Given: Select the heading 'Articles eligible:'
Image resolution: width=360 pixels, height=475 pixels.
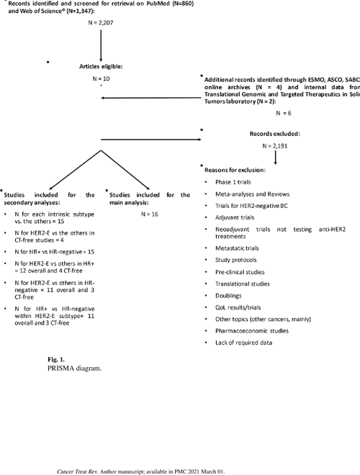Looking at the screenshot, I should (101, 66).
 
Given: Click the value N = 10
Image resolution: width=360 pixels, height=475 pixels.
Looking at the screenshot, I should (101, 78).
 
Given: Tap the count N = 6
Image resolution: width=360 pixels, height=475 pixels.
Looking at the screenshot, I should (284, 114).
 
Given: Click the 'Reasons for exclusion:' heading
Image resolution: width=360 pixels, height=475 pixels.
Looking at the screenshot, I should (235, 169).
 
